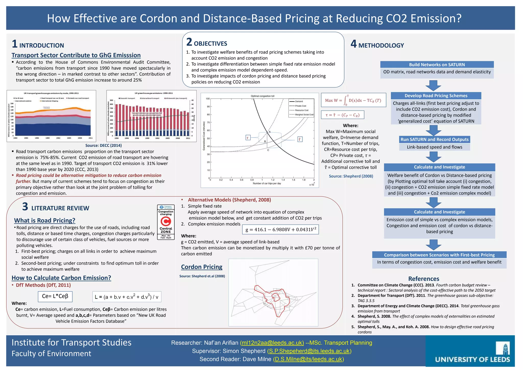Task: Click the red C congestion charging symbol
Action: (x=166, y=221)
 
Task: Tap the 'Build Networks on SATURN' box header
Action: (x=437, y=65)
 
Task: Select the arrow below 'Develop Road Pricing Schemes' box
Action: (x=433, y=130)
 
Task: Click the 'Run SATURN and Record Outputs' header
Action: (x=434, y=139)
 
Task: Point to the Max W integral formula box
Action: (x=353, y=100)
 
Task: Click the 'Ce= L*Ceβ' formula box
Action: (x=55, y=296)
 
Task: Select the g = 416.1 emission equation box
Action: (x=280, y=229)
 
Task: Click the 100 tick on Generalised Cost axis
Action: (x=208, y=99)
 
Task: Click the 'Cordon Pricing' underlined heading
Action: (x=201, y=267)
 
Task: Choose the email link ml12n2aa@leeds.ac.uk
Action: (x=272, y=343)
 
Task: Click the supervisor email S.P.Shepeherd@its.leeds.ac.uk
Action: (x=309, y=351)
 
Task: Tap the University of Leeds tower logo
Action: (x=503, y=348)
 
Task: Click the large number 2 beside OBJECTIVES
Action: (x=189, y=42)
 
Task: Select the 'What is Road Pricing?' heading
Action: (x=45, y=220)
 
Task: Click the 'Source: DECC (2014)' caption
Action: (x=103, y=146)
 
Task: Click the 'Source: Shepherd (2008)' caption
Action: (x=351, y=176)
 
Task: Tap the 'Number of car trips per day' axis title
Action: (x=267, y=183)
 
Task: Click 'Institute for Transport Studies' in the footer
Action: (x=72, y=342)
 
